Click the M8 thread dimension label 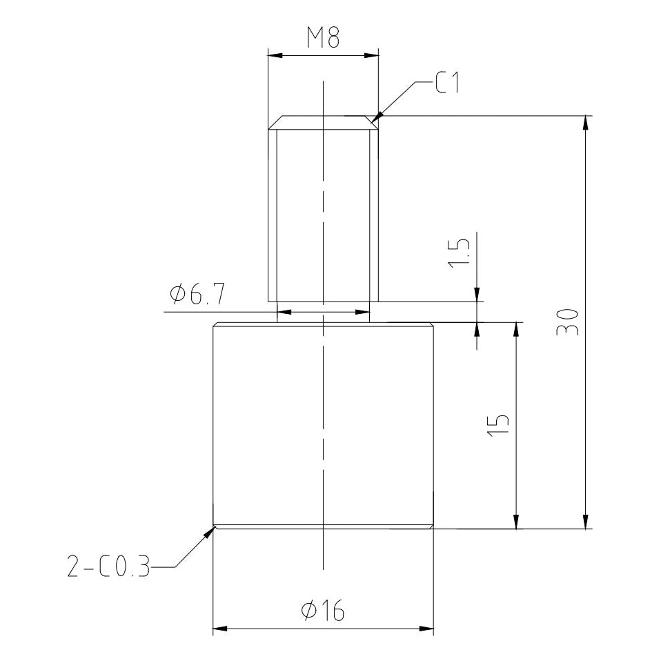(x=324, y=37)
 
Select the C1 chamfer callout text (x=447, y=82)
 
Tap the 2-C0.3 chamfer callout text (x=108, y=566)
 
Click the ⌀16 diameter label (x=323, y=611)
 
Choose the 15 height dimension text (x=498, y=425)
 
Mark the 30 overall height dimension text (x=567, y=322)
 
